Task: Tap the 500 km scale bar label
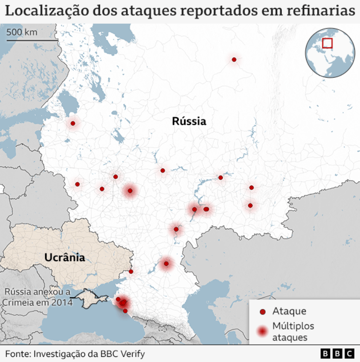point(22,32)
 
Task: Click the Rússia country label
point(189,121)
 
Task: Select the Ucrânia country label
point(65,257)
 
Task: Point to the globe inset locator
point(330,53)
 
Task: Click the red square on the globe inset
point(327,43)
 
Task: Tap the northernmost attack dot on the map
point(234,60)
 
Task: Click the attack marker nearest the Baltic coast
point(73,123)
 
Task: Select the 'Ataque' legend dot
point(262,312)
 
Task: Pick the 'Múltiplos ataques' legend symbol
point(262,331)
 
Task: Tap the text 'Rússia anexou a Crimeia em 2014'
point(37,297)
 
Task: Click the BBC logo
point(338,353)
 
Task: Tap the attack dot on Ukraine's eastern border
point(131,271)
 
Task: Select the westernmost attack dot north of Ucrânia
point(77,184)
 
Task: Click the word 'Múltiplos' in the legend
point(293,326)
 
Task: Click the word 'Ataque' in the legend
point(289,311)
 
